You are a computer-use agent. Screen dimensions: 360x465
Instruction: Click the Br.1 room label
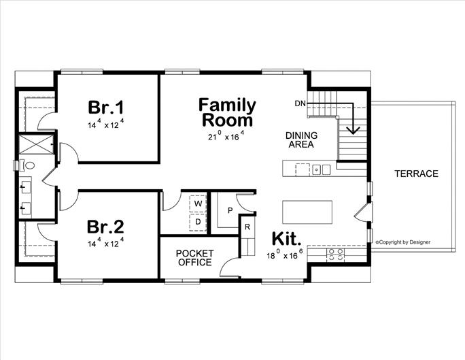coord(106,108)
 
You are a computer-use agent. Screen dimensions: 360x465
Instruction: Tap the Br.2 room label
coord(106,226)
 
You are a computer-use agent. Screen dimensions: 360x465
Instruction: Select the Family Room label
coord(227,113)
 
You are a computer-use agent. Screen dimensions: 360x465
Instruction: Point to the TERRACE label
coord(416,174)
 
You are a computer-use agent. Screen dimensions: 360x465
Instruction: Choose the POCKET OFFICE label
coord(194,258)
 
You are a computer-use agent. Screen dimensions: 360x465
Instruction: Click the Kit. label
coord(286,239)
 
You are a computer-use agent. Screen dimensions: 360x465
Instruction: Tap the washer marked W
coord(199,203)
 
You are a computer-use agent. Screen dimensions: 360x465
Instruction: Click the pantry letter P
coord(230,210)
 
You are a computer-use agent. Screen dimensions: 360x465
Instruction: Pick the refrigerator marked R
coord(247,227)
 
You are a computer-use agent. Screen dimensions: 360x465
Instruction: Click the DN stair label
coord(300,103)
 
